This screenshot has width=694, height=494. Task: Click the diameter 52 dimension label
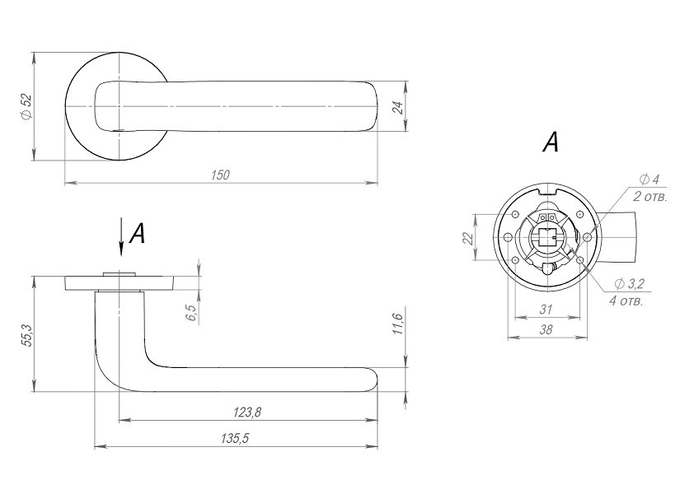pos(27,106)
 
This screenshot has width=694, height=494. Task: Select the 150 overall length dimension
pos(220,175)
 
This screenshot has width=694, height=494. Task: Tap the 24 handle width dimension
pos(398,108)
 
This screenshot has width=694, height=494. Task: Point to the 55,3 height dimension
pos(26,335)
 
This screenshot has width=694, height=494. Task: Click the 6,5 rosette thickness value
pos(191,313)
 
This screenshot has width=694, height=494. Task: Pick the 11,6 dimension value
pos(397,324)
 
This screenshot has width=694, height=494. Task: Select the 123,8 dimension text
pos(247,412)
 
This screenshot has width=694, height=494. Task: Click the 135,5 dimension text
pos(235,438)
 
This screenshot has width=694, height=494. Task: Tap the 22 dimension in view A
pos(468,238)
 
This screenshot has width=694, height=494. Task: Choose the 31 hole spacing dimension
pos(546,309)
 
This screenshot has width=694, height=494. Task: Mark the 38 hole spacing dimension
pos(546,329)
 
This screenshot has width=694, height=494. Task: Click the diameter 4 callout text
pos(649,179)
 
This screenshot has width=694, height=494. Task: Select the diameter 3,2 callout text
pos(629,284)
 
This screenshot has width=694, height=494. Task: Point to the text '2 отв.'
pos(649,196)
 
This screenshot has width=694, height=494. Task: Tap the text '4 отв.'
pos(626,301)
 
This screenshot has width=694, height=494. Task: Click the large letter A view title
pos(551,142)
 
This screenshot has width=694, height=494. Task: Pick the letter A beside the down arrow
pos(137,233)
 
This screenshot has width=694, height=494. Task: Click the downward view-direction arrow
pos(120,237)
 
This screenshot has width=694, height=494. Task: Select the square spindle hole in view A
pos(548,238)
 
